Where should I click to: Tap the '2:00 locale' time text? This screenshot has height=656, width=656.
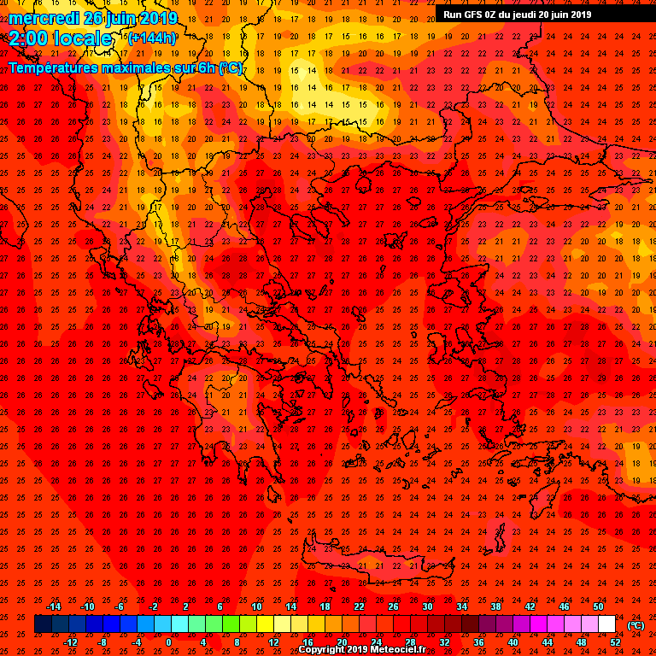pyautogui.click(x=61, y=38)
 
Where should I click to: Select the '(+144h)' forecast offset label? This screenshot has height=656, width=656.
pyautogui.click(x=152, y=38)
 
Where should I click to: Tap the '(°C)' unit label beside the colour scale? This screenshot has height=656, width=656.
pyautogui.click(x=635, y=625)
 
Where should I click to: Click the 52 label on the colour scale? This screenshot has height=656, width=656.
pyautogui.click(x=615, y=642)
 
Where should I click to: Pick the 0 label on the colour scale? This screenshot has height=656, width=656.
pyautogui.click(x=168, y=642)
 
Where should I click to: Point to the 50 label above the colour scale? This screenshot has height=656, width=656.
pyautogui.click(x=598, y=606)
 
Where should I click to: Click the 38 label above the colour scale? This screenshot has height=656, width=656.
pyautogui.click(x=495, y=606)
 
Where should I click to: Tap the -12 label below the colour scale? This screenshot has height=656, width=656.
pyautogui.click(x=70, y=642)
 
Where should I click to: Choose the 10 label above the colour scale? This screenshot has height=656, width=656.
pyautogui.click(x=256, y=606)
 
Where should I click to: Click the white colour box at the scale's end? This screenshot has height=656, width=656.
pyautogui.click(x=606, y=624)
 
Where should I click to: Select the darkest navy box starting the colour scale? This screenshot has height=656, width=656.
pyautogui.click(x=43, y=624)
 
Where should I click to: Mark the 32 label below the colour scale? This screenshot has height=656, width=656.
pyautogui.click(x=444, y=642)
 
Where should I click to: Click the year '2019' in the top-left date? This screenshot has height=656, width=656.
pyautogui.click(x=159, y=18)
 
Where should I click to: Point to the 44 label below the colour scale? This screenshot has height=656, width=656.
pyautogui.click(x=547, y=642)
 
